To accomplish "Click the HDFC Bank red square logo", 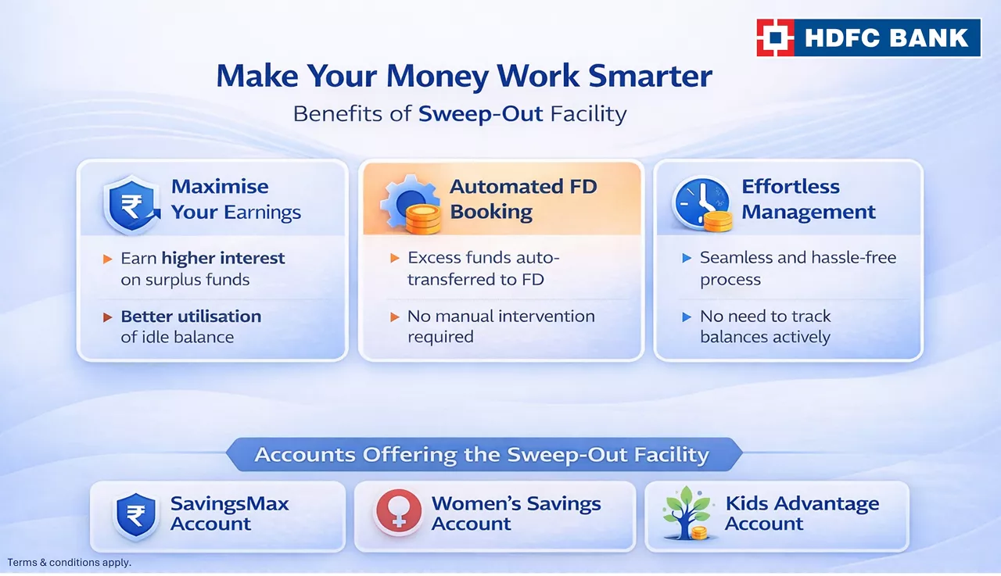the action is point(775,38).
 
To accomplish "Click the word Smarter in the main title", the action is point(650,76).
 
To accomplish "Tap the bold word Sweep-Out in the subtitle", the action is point(481,114).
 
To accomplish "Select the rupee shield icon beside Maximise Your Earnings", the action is point(132,204).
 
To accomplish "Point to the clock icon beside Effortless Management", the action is point(702,204).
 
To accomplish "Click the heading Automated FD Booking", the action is point(523,199).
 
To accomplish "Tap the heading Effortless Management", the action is point(809,199).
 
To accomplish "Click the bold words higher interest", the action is point(223,258).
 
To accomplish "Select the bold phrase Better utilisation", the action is point(192,317).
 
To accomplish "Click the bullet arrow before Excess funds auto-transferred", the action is point(395,258).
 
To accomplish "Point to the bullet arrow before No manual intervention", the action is point(395,317).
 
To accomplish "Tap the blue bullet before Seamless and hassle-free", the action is point(687,258).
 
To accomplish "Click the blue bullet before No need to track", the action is point(687,317).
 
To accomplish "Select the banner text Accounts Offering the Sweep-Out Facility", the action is point(482,455).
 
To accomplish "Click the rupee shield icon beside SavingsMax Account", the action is point(136,516).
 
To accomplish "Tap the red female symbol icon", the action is point(398,511).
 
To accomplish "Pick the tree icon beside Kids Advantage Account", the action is point(687,513).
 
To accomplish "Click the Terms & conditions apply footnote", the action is point(70,563).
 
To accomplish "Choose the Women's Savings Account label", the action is point(516,513).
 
